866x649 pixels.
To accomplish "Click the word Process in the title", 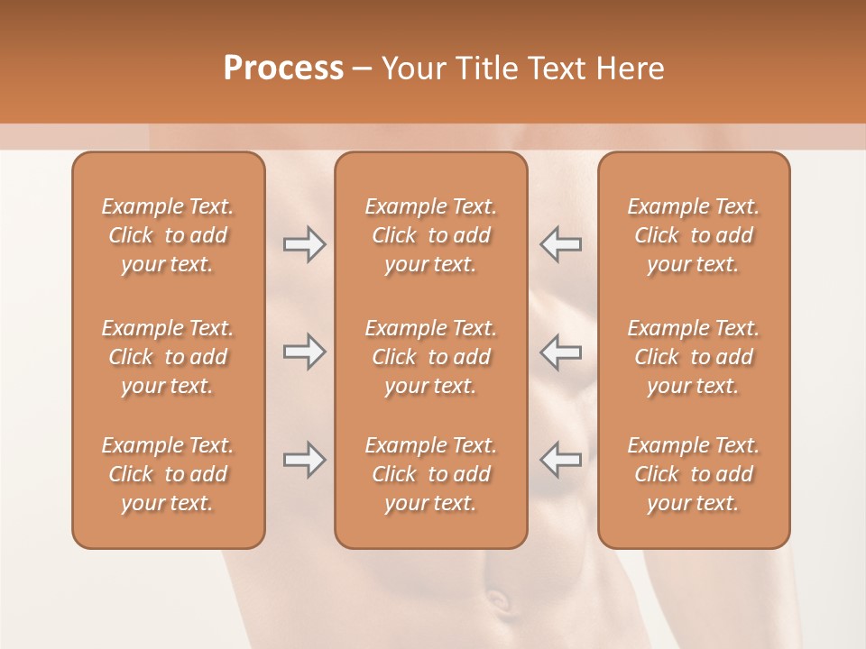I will pyautogui.click(x=283, y=68).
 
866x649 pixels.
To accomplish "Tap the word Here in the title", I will pyautogui.click(x=629, y=68).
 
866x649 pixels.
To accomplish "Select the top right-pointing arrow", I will pyautogui.click(x=305, y=244).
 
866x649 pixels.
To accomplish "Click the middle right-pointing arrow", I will pyautogui.click(x=305, y=352).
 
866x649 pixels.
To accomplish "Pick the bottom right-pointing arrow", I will pyautogui.click(x=305, y=460).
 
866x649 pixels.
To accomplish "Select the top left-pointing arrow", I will pyautogui.click(x=561, y=244).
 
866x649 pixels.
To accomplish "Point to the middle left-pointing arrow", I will pyautogui.click(x=561, y=352).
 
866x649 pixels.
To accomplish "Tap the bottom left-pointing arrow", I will pyautogui.click(x=561, y=460).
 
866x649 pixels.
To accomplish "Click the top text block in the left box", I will pyautogui.click(x=168, y=235).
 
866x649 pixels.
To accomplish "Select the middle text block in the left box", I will pyautogui.click(x=168, y=357).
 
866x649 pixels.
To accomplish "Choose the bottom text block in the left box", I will pyautogui.click(x=168, y=474).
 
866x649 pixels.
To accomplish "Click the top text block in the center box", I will pyautogui.click(x=430, y=235).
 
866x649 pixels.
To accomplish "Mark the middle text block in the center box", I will pyautogui.click(x=430, y=357).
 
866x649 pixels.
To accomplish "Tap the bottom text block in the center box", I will pyautogui.click(x=430, y=474).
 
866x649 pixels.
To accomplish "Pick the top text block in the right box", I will pyautogui.click(x=693, y=235).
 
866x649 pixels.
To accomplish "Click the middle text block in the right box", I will pyautogui.click(x=693, y=357).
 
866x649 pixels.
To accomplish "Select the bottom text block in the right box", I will pyautogui.click(x=693, y=474).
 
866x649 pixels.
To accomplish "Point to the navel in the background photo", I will pyautogui.click(x=498, y=598).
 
